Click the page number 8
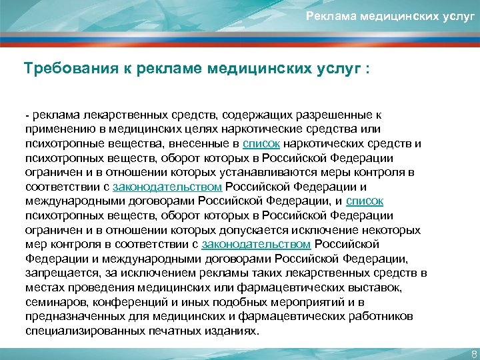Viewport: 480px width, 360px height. [x=473, y=353]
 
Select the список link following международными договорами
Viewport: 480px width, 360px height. [x=364, y=200]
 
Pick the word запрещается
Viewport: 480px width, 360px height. [x=61, y=273]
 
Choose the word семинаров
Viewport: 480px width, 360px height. [x=55, y=301]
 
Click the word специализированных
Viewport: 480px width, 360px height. [x=93, y=330]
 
